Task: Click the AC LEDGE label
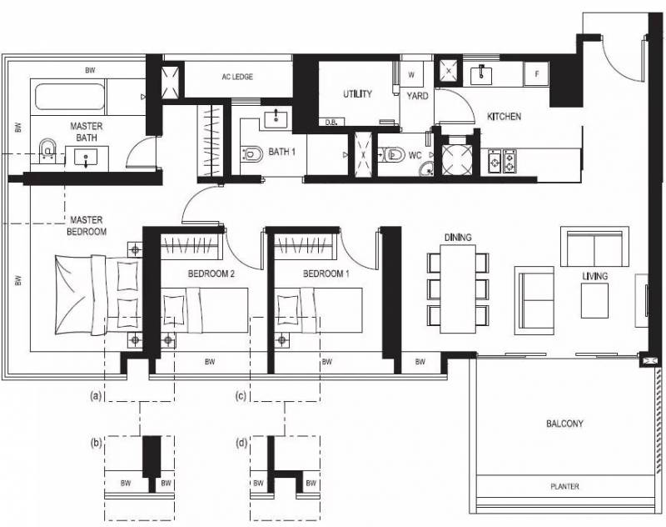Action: [x=237, y=77]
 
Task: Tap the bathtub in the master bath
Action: [x=70, y=97]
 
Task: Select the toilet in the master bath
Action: [x=47, y=150]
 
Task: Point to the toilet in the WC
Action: [x=392, y=154]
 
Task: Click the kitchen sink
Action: [x=481, y=75]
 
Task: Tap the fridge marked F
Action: [x=536, y=74]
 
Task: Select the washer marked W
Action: [x=411, y=75]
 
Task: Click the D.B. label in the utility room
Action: [x=331, y=123]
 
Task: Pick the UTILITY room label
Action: [x=358, y=93]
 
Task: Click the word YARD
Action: [x=418, y=96]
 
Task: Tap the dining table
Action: [x=458, y=289]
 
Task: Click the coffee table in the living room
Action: [x=594, y=301]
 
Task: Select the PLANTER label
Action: [x=564, y=486]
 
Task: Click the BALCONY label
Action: [x=564, y=424]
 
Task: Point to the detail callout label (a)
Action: [x=96, y=396]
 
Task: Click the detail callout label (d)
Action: [x=241, y=444]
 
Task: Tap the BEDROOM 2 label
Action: [x=211, y=274]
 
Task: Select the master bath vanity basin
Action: [x=87, y=158]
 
